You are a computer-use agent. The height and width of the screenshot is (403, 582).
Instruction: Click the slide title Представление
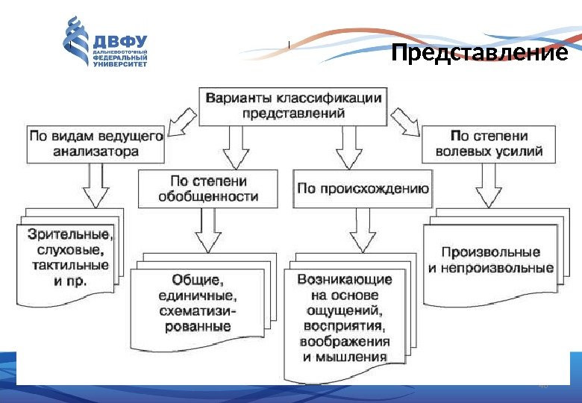[x=480, y=55]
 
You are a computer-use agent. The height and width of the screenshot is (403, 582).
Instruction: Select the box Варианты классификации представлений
[x=293, y=106]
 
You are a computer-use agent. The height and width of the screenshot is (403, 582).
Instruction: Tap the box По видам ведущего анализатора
[x=96, y=144]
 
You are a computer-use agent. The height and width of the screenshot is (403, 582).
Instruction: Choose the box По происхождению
[x=363, y=189]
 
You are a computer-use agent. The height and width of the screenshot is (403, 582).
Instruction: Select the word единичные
[x=197, y=296]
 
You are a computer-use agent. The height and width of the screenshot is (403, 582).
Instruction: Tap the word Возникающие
[x=345, y=279]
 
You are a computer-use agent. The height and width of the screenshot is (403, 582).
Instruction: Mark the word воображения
[x=345, y=342]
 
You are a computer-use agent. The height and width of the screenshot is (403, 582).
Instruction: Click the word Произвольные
[x=490, y=252]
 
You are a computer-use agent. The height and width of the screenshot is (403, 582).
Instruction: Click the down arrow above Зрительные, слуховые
[x=96, y=184]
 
